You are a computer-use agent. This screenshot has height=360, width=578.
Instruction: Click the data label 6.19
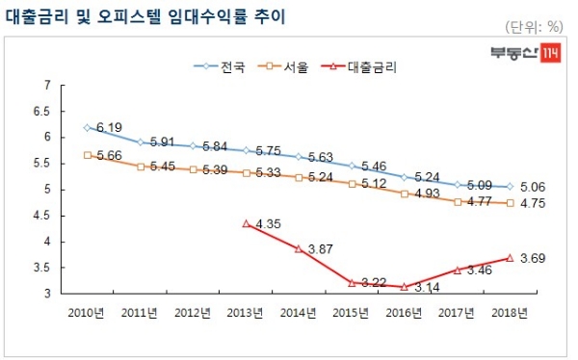point(109,127)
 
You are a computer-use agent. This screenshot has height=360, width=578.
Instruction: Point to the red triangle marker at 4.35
point(247,223)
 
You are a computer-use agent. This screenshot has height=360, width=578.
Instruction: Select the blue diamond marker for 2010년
point(88,127)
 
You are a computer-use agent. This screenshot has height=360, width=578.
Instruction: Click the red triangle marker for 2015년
point(353,282)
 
